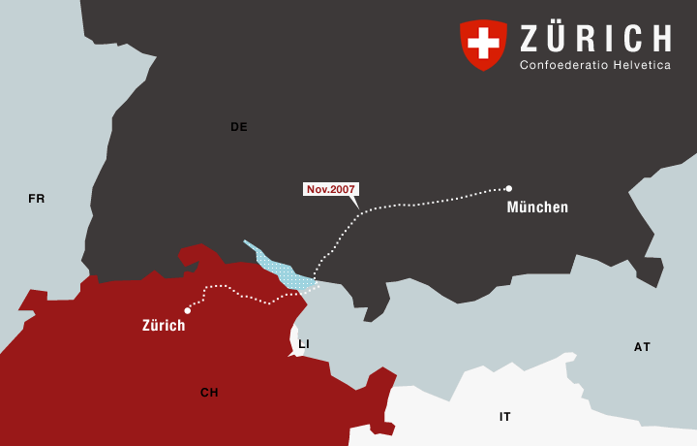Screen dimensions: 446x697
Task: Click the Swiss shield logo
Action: click(x=483, y=45)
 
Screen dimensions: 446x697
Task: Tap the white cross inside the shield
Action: click(x=483, y=42)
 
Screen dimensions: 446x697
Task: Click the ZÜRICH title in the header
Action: click(x=595, y=39)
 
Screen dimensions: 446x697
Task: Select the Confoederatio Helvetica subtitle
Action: click(x=595, y=65)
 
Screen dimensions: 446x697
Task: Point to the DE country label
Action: click(x=239, y=127)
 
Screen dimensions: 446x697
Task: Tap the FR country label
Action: click(x=37, y=199)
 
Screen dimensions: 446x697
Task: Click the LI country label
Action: click(x=304, y=344)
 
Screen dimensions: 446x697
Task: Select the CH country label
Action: click(x=209, y=393)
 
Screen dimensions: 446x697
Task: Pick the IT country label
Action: click(x=505, y=417)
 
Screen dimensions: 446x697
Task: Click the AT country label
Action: click(x=643, y=347)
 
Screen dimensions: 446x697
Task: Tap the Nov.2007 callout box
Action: click(x=331, y=189)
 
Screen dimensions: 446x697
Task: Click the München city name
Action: click(x=537, y=207)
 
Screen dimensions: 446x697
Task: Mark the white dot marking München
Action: click(x=508, y=188)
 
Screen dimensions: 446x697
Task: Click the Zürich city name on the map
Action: click(x=164, y=326)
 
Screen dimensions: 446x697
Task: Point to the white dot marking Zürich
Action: click(x=187, y=310)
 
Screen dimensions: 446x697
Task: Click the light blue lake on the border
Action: click(x=281, y=271)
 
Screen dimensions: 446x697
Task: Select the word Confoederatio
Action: click(x=559, y=65)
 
